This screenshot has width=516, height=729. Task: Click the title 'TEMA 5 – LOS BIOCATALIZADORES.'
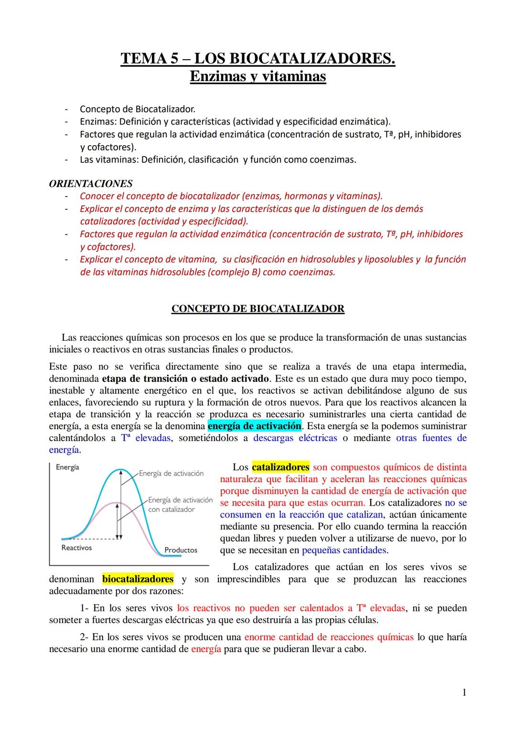[258, 58]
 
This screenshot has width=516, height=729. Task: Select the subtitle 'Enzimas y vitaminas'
[258, 76]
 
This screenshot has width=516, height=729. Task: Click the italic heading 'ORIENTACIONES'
[91, 184]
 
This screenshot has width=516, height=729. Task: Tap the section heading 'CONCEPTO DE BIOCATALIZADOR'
[258, 309]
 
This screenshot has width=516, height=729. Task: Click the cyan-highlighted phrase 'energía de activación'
[255, 426]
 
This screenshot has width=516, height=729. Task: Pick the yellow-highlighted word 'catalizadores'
[280, 467]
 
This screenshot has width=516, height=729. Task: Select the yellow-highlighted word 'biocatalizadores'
[138, 579]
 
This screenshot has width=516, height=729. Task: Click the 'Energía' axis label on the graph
[67, 467]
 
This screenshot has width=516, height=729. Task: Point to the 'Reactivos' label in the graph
[76, 548]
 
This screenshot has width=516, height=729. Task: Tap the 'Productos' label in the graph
[181, 550]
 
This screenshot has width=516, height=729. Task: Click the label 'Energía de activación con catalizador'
[180, 505]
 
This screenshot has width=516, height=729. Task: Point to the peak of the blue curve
[121, 470]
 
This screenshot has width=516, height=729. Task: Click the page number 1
[464, 692]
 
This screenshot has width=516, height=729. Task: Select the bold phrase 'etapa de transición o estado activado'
[185, 379]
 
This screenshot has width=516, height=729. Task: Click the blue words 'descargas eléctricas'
[295, 438]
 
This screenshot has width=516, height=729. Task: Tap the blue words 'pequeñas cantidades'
[344, 550]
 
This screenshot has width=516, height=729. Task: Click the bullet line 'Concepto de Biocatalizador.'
[138, 109]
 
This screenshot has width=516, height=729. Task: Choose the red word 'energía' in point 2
[206, 649]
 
